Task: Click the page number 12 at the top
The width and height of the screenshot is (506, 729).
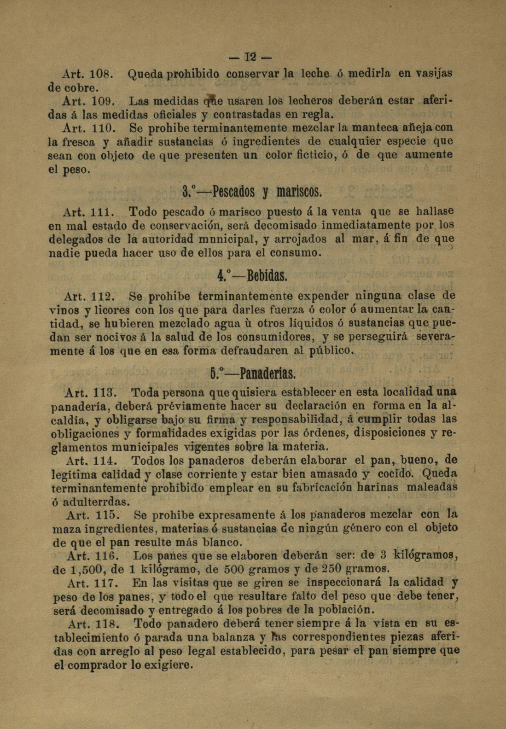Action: (250, 58)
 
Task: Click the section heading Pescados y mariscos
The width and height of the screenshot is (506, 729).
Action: (252, 191)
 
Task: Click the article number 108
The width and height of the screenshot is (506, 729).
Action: (100, 73)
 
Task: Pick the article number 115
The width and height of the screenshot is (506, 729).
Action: (107, 514)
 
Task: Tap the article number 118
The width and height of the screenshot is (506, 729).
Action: (107, 624)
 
